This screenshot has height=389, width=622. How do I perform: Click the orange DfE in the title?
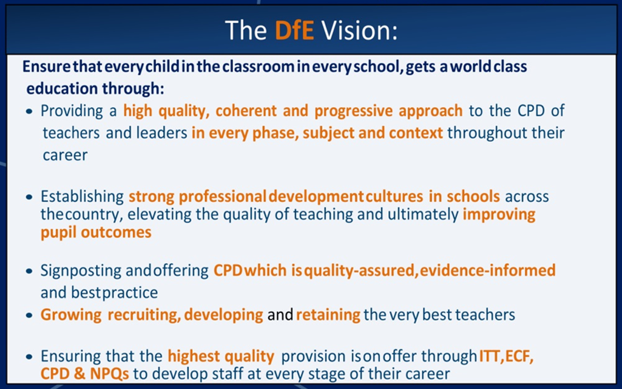pyautogui.click(x=294, y=30)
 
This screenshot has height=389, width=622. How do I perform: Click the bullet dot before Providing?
pyautogui.click(x=29, y=112)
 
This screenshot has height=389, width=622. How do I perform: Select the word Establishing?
pyautogui.click(x=82, y=196)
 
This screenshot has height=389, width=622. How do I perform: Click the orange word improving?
pyautogui.click(x=499, y=215)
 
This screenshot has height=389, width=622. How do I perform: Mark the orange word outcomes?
pyautogui.click(x=116, y=232)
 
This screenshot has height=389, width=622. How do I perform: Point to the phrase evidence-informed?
pyautogui.click(x=487, y=270)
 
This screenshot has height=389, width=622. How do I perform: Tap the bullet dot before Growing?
pyautogui.click(x=29, y=315)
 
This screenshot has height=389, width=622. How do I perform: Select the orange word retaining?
pyautogui.click(x=328, y=315)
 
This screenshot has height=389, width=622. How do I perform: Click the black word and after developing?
pyautogui.click(x=280, y=315)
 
